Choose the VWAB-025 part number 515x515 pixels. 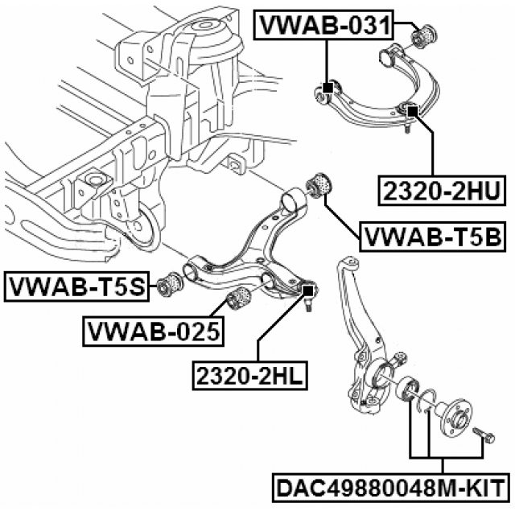153,329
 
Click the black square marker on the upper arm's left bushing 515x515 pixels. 327,88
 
